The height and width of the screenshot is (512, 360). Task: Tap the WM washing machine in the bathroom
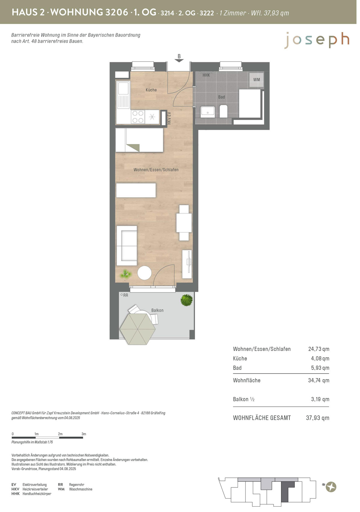pyautogui.click(x=256, y=79)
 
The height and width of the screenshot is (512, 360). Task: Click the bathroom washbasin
pyautogui.click(x=208, y=112)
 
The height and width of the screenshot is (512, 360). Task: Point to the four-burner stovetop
pyautogui.click(x=138, y=117)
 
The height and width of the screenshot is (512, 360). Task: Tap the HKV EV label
pyautogui.click(x=169, y=118)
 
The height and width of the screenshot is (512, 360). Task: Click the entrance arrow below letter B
pyautogui.click(x=179, y=60)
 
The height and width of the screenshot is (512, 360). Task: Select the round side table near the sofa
pyautogui.click(x=144, y=273)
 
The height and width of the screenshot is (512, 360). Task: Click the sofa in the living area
pyautogui.click(x=127, y=246)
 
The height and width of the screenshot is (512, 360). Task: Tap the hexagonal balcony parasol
pyautogui.click(x=138, y=329)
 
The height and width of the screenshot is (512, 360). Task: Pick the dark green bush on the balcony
pyautogui.click(x=187, y=300)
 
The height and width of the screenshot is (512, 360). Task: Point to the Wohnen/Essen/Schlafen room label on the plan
pyautogui.click(x=156, y=170)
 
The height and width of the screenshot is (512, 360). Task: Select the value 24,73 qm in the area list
pyautogui.click(x=319, y=349)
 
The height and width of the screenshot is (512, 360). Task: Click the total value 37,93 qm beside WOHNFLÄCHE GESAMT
pyautogui.click(x=317, y=418)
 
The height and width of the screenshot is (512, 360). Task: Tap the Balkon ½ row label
pyautogui.click(x=244, y=399)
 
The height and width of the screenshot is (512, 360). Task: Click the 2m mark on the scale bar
pyautogui.click(x=60, y=434)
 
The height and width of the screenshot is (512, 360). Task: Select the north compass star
pyautogui.click(x=331, y=487)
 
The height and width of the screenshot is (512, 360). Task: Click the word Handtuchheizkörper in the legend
pyautogui.click(x=37, y=494)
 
